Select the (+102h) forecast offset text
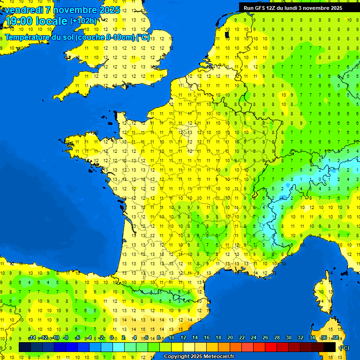84,21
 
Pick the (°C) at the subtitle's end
143,37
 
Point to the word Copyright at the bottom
177,357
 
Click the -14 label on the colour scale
32,338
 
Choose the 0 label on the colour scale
112,338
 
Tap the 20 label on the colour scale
230,338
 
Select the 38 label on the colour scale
335,338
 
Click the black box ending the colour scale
330,347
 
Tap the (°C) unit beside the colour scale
344,347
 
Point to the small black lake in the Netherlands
227,34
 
